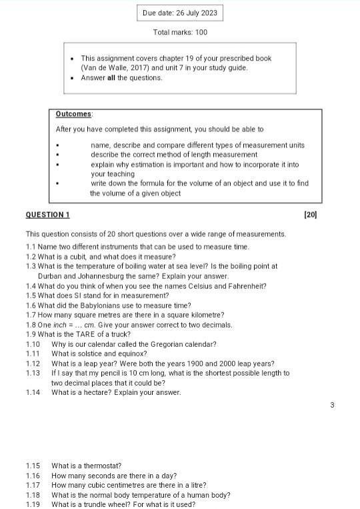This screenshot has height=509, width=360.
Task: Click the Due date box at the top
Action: coord(180,13)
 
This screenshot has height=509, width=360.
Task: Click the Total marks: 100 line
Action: coord(180,32)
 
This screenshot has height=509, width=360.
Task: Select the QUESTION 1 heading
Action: coord(47,215)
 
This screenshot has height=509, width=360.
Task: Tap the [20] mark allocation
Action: coord(310,215)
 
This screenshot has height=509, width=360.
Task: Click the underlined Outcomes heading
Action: coord(74,114)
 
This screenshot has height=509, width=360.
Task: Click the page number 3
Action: coord(332,405)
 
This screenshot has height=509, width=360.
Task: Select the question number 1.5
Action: coord(31,296)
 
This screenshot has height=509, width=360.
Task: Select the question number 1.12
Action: coord(33,364)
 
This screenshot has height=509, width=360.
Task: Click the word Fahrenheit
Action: coord(247,286)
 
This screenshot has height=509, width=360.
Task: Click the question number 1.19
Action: coord(33,504)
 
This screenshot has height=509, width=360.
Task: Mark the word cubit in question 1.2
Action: coord(78,256)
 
